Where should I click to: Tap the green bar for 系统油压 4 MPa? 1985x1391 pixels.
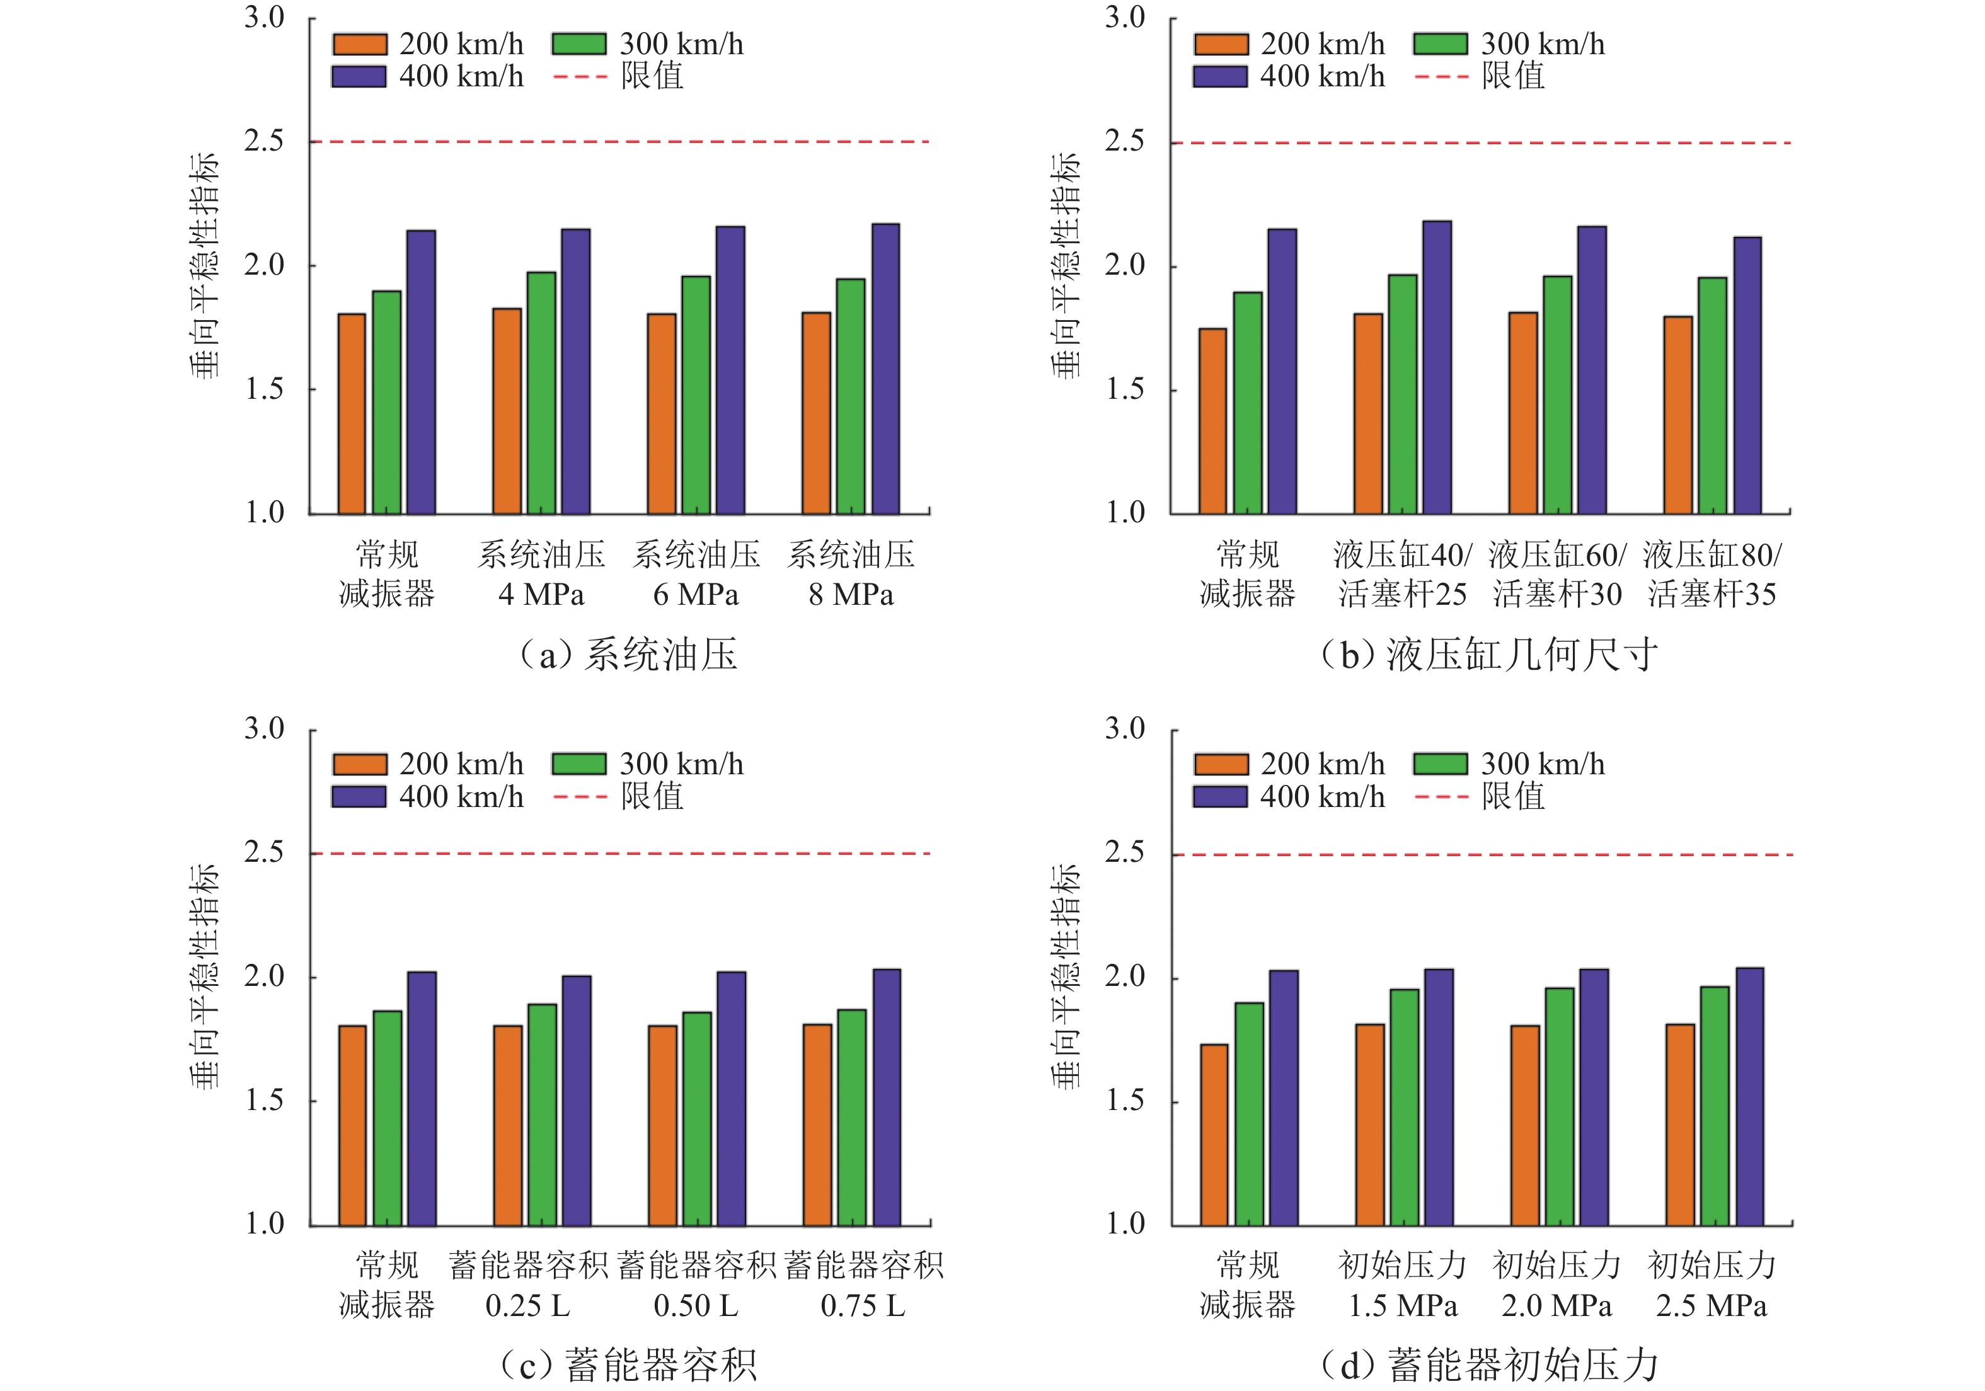[x=541, y=393]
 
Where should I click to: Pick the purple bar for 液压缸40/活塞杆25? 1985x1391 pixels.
[x=1437, y=367]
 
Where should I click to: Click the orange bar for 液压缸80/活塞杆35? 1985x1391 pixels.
[x=1678, y=415]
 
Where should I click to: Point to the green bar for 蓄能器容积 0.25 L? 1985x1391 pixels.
[x=542, y=1114]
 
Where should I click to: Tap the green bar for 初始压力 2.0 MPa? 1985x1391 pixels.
[x=1560, y=1107]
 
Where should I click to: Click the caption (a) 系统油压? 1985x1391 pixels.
[x=628, y=655]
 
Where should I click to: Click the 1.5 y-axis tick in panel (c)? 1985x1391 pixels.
[x=263, y=1101]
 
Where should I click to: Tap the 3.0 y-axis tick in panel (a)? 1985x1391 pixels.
[x=263, y=17]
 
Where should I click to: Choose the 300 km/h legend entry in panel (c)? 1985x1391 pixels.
[x=681, y=764]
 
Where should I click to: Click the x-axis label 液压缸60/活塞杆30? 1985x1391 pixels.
[x=1557, y=574]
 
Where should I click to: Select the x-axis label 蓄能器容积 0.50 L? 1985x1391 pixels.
[x=696, y=1286]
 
